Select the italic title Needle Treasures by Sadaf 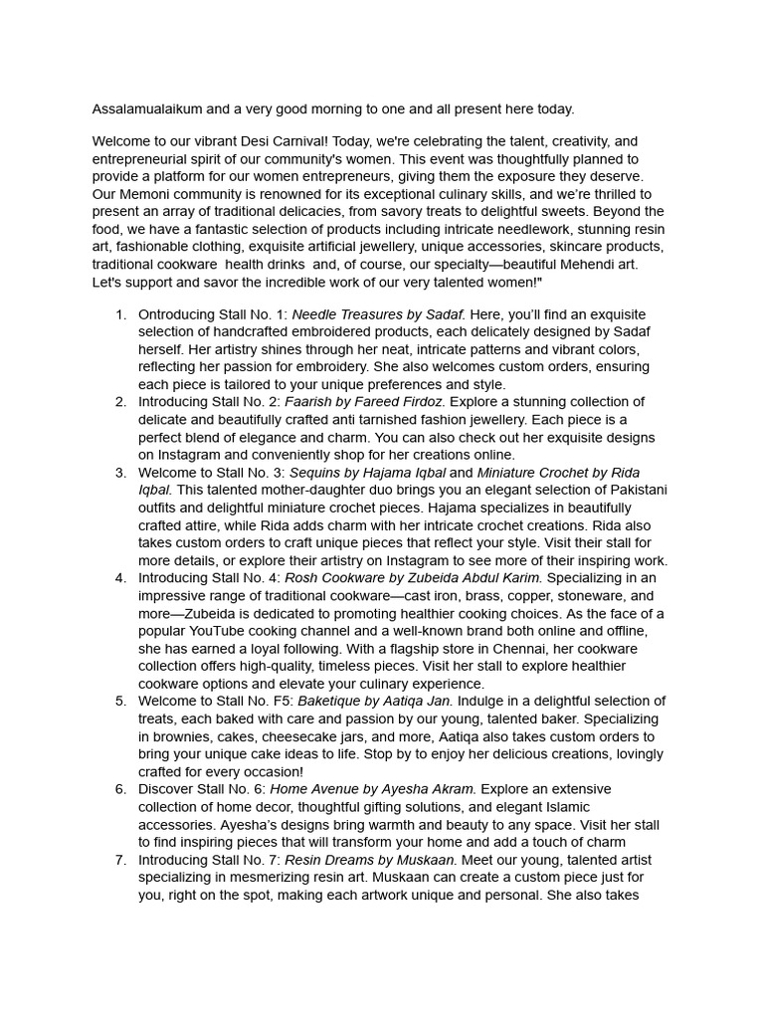click(378, 315)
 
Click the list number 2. click(120, 402)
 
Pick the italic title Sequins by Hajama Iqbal click(367, 472)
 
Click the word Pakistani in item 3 click(637, 490)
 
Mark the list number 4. click(120, 577)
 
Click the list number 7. click(120, 860)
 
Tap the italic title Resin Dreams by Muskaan click(370, 860)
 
